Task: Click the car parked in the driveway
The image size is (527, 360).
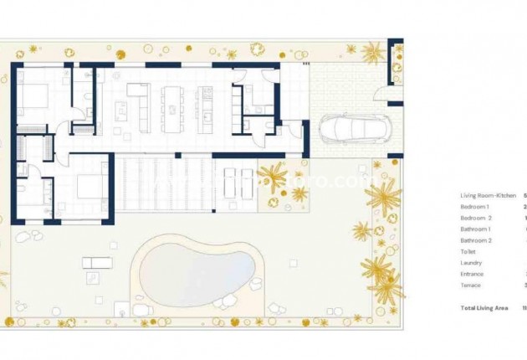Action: [350, 131]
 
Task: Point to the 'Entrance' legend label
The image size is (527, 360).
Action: [472, 273]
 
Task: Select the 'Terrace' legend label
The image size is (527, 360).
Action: [470, 285]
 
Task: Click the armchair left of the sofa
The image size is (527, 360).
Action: [120, 108]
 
